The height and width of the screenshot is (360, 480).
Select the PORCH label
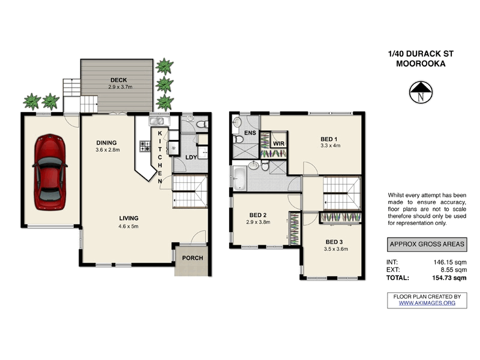[x=193, y=259]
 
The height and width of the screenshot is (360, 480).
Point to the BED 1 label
[x=330, y=139]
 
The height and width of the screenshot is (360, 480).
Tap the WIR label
[x=278, y=144]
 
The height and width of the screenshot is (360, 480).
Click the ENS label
[x=250, y=133]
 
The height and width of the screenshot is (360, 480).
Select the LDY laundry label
[x=193, y=157]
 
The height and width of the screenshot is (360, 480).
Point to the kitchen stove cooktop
[x=145, y=145]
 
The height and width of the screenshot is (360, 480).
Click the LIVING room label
[x=128, y=218]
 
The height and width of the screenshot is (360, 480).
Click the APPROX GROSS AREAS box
[x=425, y=244]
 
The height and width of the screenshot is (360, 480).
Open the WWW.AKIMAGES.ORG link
[x=427, y=304]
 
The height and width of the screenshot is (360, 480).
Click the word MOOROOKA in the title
[x=416, y=64]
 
